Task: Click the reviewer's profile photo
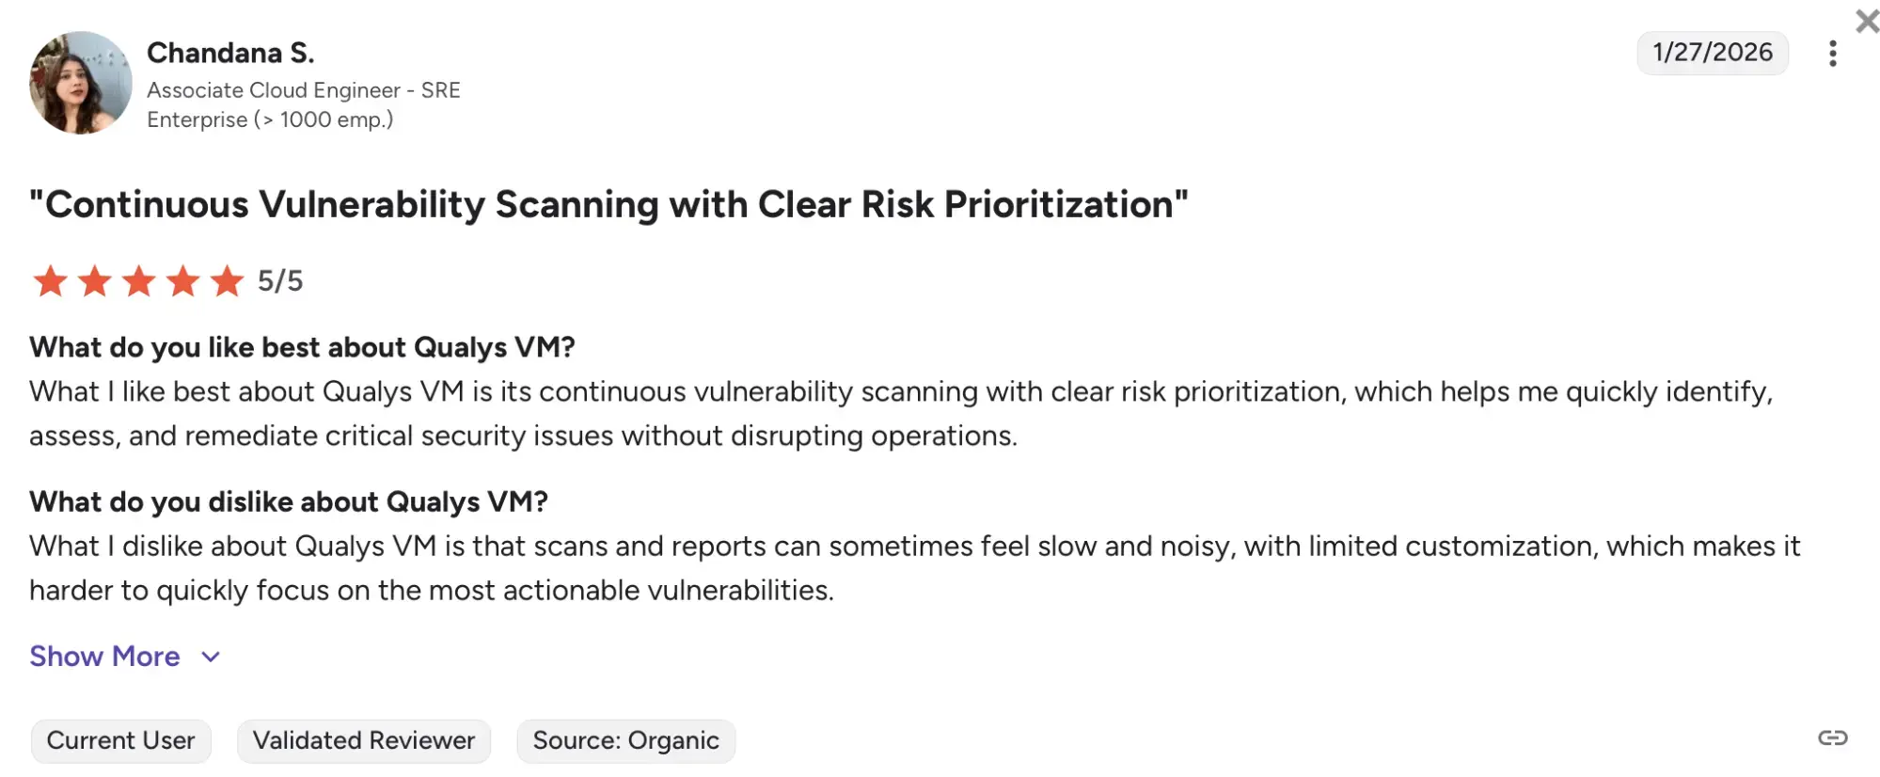81,83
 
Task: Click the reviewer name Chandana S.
230,53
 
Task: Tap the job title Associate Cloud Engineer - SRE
303,90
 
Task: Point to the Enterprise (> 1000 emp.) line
270,119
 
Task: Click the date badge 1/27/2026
1712,53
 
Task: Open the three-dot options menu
1832,54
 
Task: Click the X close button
1866,21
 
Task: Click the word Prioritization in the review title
1065,204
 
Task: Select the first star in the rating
50,280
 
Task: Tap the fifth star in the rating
227,280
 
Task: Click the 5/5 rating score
280,280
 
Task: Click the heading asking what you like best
302,347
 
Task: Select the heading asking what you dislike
288,501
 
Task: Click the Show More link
104,656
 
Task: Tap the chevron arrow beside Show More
211,657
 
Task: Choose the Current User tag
120,740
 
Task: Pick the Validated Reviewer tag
363,740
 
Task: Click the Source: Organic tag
625,740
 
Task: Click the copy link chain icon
1832,737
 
